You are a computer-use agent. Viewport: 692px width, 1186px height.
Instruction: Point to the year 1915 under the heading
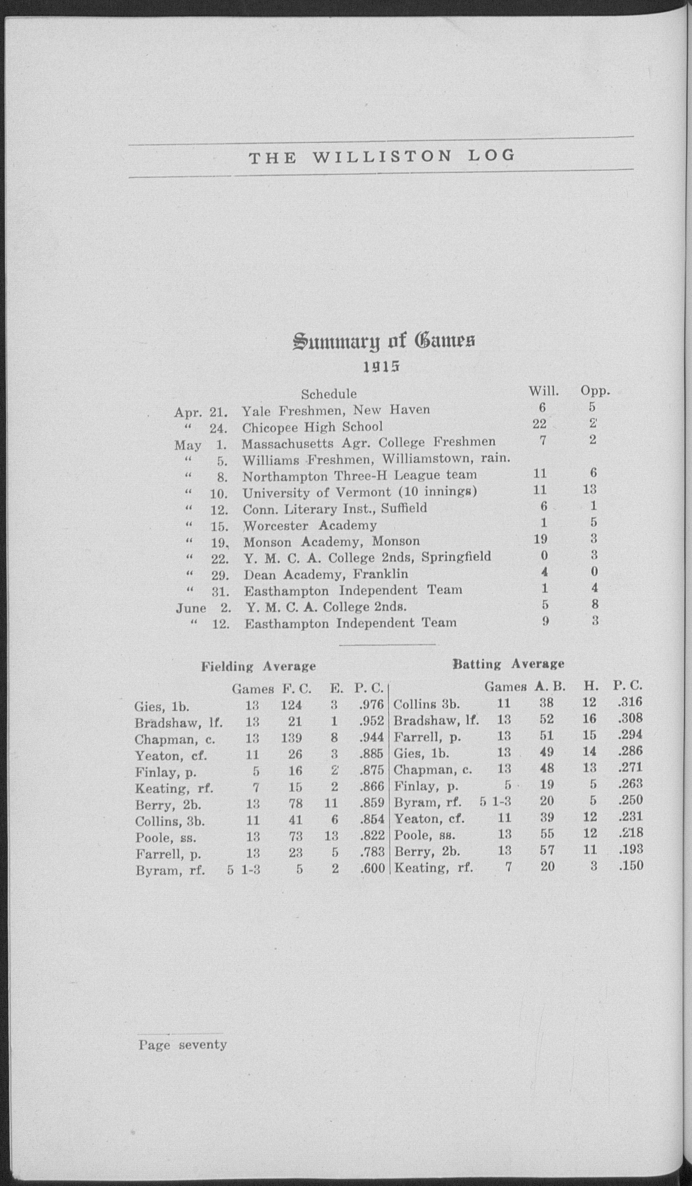click(x=381, y=367)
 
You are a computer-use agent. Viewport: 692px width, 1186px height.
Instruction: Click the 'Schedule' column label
click(x=329, y=393)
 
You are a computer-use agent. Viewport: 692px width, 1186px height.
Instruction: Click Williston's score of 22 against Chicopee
click(x=539, y=424)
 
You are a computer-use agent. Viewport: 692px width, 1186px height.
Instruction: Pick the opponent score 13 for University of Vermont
click(x=589, y=489)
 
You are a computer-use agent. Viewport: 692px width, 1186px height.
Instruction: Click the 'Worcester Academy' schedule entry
click(x=310, y=525)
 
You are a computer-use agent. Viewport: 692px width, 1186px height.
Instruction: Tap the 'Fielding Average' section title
click(x=259, y=666)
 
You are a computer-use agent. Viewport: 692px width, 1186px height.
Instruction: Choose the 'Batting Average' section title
click(x=508, y=664)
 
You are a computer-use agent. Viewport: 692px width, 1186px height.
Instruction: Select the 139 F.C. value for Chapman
click(x=292, y=738)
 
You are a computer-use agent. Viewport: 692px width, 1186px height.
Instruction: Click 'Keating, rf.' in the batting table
click(x=433, y=867)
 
